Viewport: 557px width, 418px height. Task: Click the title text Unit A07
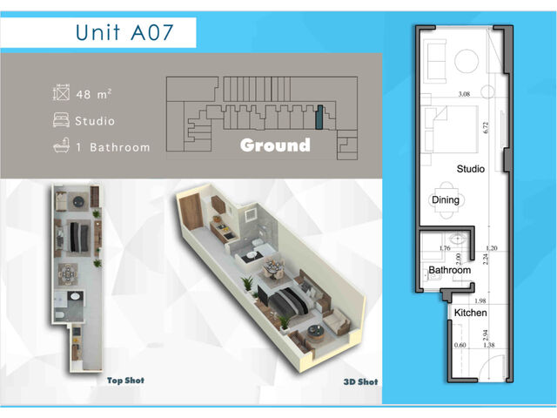coord(124,32)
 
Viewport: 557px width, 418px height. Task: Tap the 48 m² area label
coord(94,94)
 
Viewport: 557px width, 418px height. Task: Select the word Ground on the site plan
coord(275,145)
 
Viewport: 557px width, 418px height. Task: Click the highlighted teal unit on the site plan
coord(319,117)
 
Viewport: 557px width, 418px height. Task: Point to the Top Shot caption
coord(125,381)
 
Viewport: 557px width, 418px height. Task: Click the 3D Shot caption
coord(360,381)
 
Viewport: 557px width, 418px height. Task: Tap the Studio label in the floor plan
coord(470,168)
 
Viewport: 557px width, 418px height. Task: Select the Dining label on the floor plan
coord(446,199)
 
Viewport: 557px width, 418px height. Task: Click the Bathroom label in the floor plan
coord(449,270)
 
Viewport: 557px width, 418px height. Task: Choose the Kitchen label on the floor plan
coord(470,313)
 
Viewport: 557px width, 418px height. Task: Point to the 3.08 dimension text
coord(464,94)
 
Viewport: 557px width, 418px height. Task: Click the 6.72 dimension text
coord(486,128)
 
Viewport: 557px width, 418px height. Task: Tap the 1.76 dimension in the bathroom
coord(445,248)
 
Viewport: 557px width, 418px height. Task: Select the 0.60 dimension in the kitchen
coord(460,345)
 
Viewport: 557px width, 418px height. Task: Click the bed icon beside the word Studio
coord(61,120)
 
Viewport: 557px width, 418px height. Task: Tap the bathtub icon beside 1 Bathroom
coord(61,145)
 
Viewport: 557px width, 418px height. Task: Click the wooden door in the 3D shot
coord(191,212)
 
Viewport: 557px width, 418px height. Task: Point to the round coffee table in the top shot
coord(78,201)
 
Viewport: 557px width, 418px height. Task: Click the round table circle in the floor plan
coord(466,61)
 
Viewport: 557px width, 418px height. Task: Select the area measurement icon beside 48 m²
coord(61,93)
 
